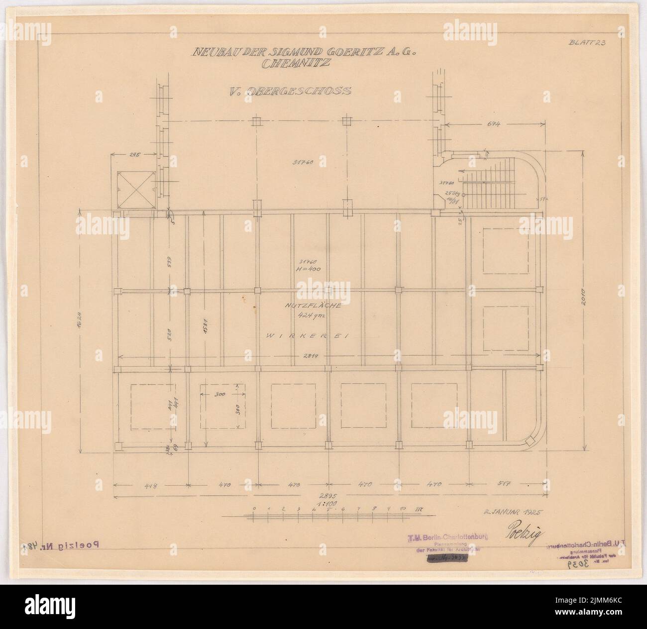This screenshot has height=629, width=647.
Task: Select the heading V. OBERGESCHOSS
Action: (289, 91)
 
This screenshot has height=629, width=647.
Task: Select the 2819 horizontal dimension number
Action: (326, 355)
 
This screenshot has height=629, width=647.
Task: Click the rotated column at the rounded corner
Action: (528, 440)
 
